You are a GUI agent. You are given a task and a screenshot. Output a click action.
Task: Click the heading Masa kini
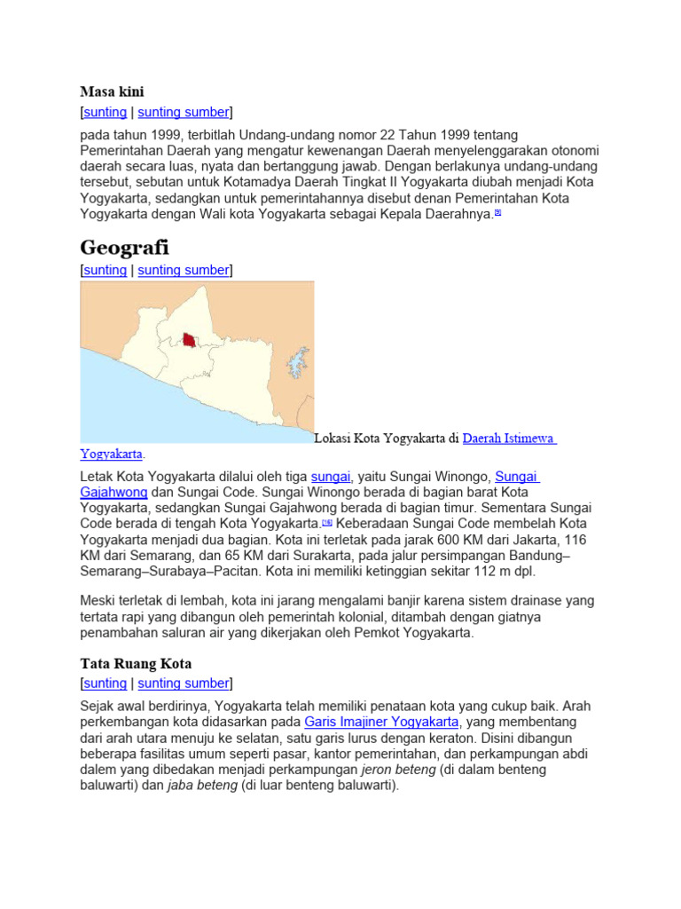[x=112, y=91]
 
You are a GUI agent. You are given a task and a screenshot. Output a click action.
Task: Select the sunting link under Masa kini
[x=106, y=112]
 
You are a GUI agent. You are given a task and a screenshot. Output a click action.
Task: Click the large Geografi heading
[x=124, y=247]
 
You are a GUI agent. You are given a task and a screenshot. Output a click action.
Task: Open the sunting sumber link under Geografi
[x=184, y=270]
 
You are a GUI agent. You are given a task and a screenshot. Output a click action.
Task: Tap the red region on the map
[x=189, y=340]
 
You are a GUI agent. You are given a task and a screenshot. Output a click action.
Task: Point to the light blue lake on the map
[x=297, y=365]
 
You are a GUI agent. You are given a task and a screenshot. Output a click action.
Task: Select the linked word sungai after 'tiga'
[x=331, y=476]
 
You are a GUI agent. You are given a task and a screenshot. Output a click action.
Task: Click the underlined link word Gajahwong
[x=113, y=492]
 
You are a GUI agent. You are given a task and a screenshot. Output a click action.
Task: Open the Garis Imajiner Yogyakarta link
[x=381, y=722]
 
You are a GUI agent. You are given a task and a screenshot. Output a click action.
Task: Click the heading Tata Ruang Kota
[x=136, y=664]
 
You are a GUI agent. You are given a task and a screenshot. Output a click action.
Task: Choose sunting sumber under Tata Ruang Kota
[x=184, y=684]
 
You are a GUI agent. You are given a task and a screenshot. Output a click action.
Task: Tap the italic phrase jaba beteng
[x=202, y=786]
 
